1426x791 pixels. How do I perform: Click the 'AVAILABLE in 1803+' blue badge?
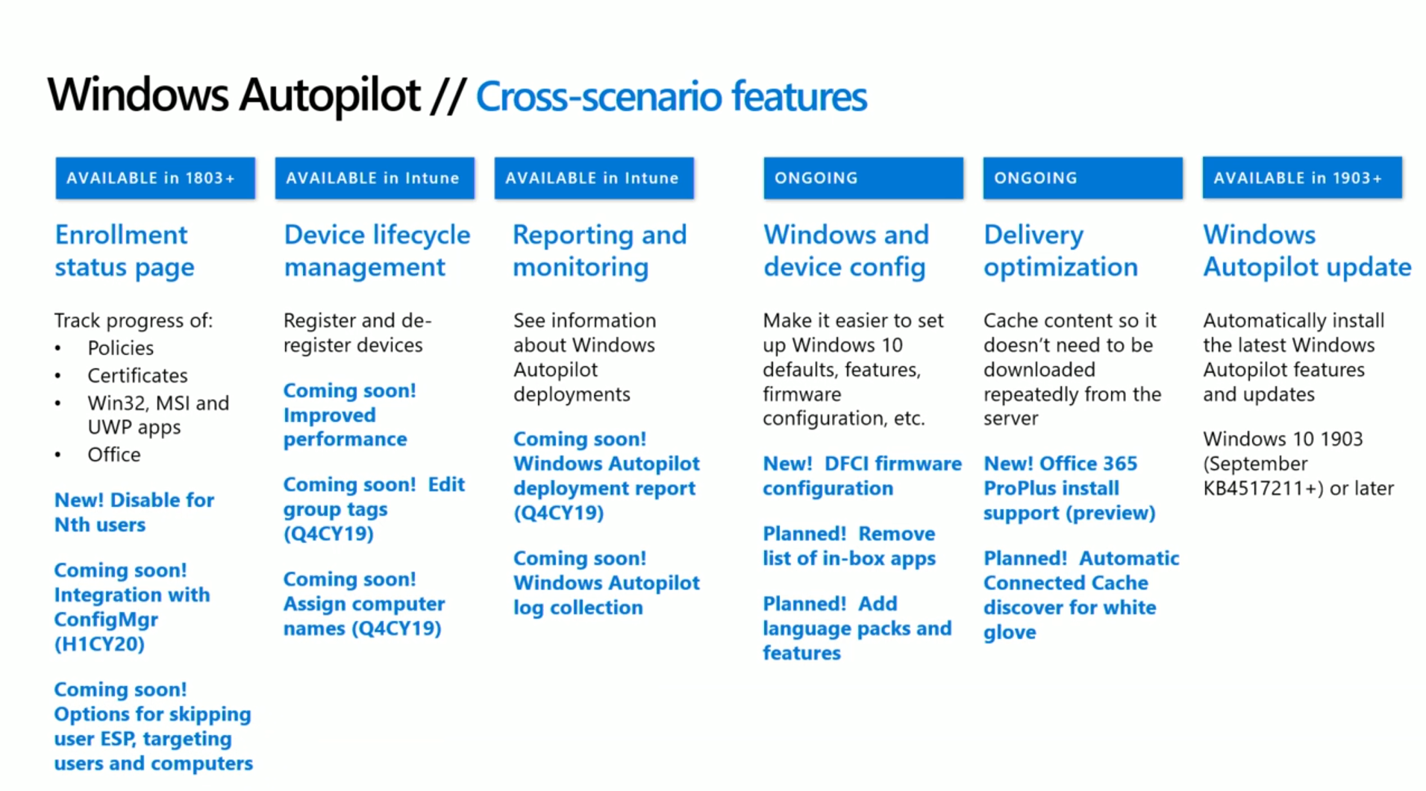coord(154,178)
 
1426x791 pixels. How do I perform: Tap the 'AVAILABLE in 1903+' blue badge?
coord(1301,178)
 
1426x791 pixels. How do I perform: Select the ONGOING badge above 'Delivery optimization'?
coord(1082,178)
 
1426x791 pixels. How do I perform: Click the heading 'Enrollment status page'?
coord(124,251)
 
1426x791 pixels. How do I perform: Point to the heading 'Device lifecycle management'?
coord(376,251)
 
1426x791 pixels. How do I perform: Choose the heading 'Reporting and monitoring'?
coord(598,251)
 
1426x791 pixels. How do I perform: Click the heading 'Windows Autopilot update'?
coord(1306,251)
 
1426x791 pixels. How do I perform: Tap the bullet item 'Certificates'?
coord(137,376)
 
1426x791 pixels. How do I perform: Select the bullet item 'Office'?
coord(113,455)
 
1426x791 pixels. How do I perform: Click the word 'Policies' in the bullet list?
coord(120,348)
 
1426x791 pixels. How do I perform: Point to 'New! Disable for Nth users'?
coord(134,512)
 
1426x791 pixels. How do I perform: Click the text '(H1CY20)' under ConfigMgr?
coord(99,644)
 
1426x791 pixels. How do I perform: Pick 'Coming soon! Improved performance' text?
coord(348,415)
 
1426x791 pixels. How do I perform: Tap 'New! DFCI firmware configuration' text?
coord(861,476)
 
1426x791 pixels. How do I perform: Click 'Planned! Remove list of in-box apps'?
coord(848,546)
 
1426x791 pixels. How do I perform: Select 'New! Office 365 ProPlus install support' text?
coord(1068,488)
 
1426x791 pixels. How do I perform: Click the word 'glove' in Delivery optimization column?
coord(1009,632)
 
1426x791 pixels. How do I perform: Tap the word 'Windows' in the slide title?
coord(138,95)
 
